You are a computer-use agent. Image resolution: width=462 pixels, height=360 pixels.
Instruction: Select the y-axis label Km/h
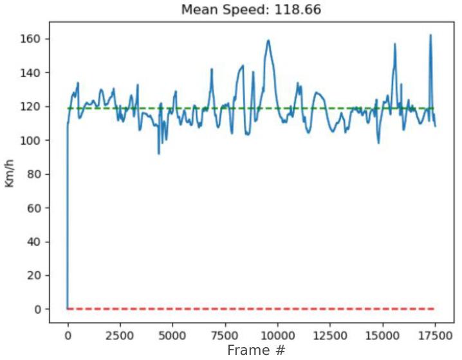[x=10, y=174]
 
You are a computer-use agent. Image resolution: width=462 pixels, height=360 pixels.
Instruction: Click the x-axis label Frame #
[x=254, y=350]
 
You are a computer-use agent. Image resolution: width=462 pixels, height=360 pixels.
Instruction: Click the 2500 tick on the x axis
[x=120, y=336]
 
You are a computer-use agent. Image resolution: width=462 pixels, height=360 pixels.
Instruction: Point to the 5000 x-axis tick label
[x=172, y=336]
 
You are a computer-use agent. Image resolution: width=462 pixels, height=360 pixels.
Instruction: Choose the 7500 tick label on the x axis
[x=225, y=336]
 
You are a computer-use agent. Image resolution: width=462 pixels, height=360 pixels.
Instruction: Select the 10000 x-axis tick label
[x=277, y=336]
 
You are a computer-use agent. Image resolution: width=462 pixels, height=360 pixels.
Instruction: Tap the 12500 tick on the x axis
[x=329, y=336]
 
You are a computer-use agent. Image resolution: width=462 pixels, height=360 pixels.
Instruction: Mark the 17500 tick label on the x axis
[x=434, y=336]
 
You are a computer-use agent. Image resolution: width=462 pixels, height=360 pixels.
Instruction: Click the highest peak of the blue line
[x=430, y=35]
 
